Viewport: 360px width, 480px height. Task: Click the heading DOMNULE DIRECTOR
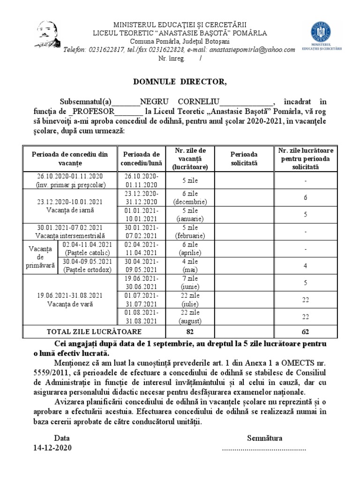[x=180, y=82]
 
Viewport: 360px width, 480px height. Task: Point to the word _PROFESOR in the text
[x=91, y=112]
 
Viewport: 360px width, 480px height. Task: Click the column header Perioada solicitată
[x=244, y=158]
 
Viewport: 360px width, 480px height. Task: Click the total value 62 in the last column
[x=305, y=331]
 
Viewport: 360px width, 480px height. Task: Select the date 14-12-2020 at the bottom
[x=52, y=448]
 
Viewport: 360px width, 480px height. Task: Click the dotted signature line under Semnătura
[x=263, y=448]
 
